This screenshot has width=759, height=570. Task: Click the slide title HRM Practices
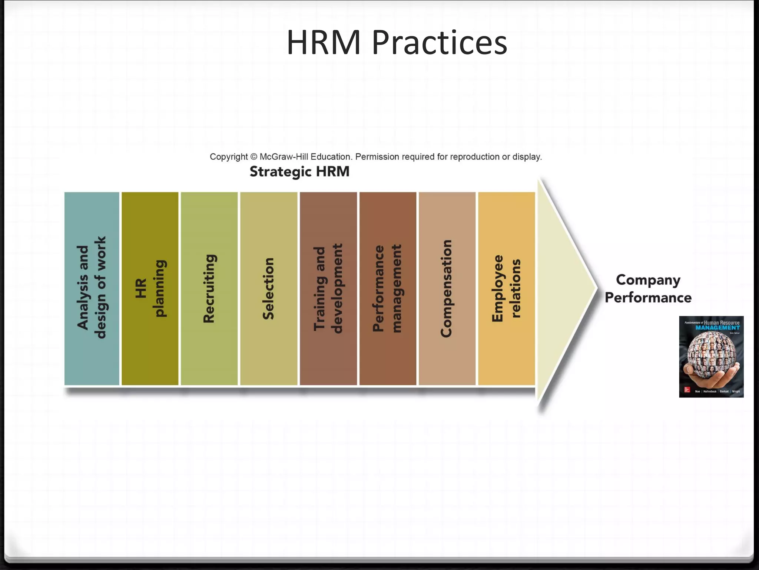pyautogui.click(x=397, y=43)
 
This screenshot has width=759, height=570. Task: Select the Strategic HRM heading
pyautogui.click(x=299, y=172)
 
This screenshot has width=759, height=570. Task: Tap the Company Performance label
pyautogui.click(x=648, y=289)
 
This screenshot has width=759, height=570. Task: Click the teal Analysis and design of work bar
pyautogui.click(x=92, y=288)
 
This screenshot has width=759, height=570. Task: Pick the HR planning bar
pyautogui.click(x=150, y=288)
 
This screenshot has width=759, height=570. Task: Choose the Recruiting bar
pyautogui.click(x=209, y=288)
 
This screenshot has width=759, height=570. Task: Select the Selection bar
pyautogui.click(x=269, y=288)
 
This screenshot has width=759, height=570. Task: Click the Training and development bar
pyautogui.click(x=328, y=288)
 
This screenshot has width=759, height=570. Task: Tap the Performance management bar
pyautogui.click(x=388, y=288)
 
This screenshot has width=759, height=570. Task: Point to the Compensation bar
pyautogui.click(x=447, y=288)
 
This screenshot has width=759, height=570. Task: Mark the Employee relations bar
pyautogui.click(x=506, y=288)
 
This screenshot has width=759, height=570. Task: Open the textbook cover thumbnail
pyautogui.click(x=711, y=357)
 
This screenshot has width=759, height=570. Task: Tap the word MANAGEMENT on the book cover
pyautogui.click(x=717, y=328)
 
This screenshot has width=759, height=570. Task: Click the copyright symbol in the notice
pyautogui.click(x=253, y=157)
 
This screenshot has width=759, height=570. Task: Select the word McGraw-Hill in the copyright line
pyautogui.click(x=284, y=157)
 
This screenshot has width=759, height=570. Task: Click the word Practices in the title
pyautogui.click(x=439, y=43)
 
